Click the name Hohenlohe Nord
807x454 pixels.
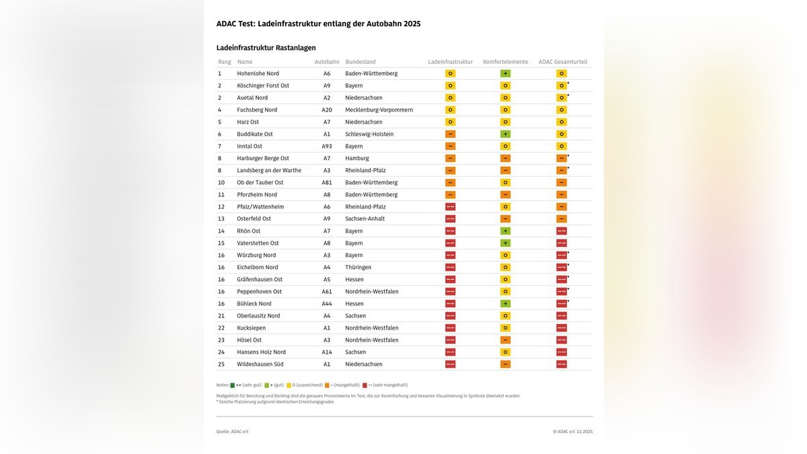click(x=258, y=73)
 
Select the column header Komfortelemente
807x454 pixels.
click(x=505, y=62)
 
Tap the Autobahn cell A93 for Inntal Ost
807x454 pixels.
click(x=327, y=146)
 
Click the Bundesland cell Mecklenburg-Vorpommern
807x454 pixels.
click(x=379, y=110)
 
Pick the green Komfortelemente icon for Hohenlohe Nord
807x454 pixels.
click(x=505, y=73)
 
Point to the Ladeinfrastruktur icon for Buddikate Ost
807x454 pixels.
click(x=450, y=134)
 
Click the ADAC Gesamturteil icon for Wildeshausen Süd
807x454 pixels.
click(x=561, y=364)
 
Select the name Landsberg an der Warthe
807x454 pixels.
click(x=269, y=170)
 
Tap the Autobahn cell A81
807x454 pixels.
click(x=327, y=182)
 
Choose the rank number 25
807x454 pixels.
click(x=221, y=364)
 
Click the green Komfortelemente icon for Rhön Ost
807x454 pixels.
click(x=505, y=231)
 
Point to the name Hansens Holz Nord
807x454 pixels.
click(x=261, y=352)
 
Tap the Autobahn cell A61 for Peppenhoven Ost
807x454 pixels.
click(x=327, y=291)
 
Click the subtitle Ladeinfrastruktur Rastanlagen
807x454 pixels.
click(x=266, y=48)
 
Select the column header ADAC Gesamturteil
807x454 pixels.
click(x=562, y=62)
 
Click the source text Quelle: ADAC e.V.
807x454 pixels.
click(x=232, y=431)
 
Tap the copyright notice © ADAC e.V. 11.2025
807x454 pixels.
click(x=572, y=431)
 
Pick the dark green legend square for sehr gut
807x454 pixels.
click(x=233, y=385)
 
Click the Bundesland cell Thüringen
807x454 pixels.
click(x=358, y=267)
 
